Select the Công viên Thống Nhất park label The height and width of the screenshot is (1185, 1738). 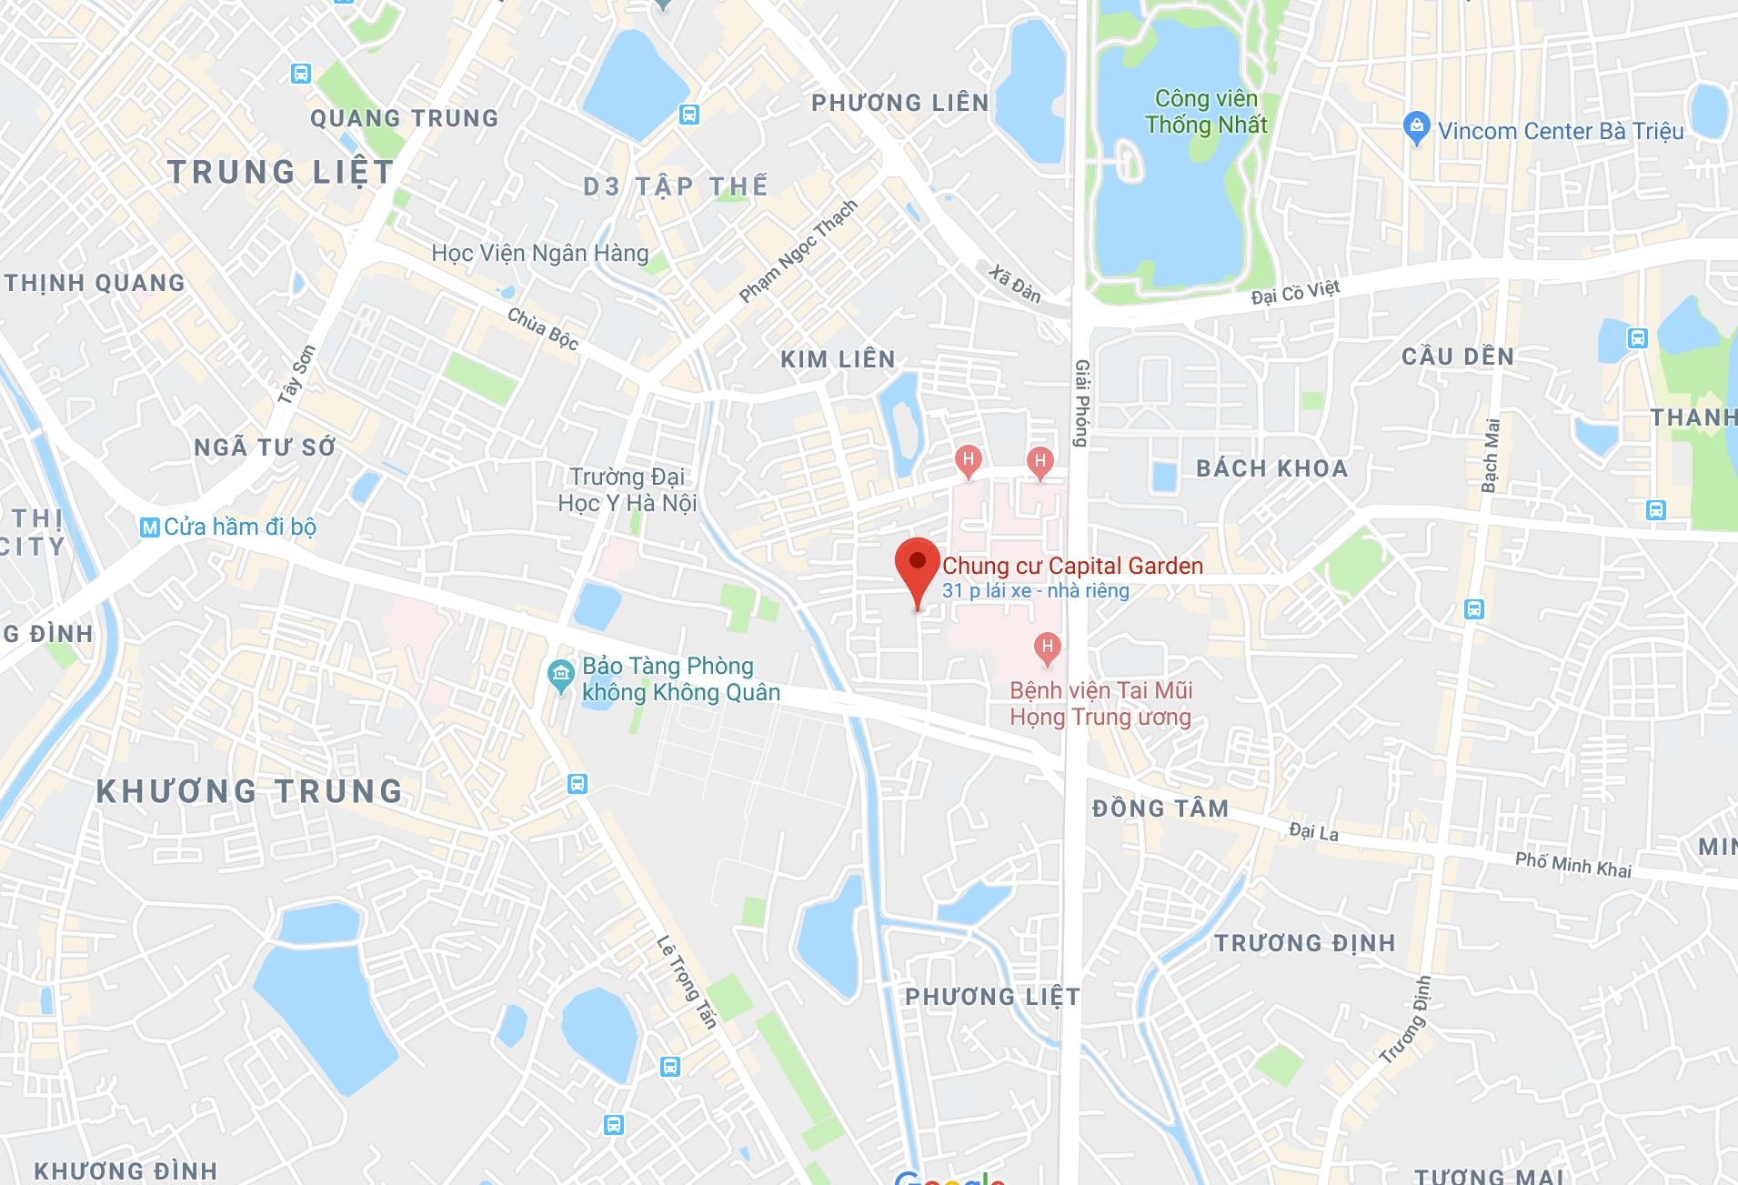1206,112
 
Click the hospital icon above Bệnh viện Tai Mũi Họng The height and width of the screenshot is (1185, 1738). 1048,648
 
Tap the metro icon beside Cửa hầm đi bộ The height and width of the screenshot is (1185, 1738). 150,527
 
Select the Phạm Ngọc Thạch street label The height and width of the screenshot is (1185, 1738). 799,251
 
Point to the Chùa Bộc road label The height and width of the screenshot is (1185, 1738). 543,328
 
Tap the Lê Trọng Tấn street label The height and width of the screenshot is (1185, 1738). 688,982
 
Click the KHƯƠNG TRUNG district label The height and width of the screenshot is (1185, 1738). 249,791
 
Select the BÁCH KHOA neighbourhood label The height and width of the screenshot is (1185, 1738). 1271,468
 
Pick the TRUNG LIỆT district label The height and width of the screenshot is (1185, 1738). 280,172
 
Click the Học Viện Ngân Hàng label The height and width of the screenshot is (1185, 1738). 540,253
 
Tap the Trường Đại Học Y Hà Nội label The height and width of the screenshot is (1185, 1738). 628,490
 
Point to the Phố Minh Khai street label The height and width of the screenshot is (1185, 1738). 1573,865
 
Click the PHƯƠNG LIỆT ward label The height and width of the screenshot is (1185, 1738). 992,997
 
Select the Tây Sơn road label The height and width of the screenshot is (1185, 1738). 296,374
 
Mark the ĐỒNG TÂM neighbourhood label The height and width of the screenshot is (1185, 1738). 1160,808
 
